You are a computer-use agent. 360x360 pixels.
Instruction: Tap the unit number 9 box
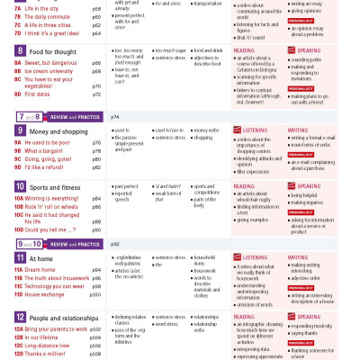click(20, 130)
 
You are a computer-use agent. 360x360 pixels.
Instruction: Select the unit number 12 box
click(20, 319)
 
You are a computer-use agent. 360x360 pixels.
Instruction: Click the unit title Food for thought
click(54, 53)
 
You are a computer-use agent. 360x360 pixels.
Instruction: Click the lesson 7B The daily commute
click(49, 16)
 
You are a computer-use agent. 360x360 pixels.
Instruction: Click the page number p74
click(115, 117)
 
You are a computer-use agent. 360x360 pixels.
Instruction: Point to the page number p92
click(115, 243)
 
